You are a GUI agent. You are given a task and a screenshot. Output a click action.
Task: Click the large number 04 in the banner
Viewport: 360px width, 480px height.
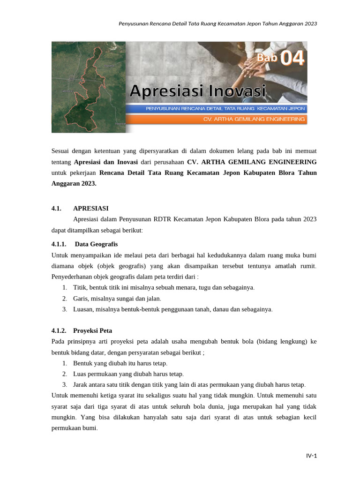click(x=293, y=59)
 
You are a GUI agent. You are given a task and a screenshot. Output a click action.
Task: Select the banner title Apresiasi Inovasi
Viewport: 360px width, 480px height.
click(x=197, y=90)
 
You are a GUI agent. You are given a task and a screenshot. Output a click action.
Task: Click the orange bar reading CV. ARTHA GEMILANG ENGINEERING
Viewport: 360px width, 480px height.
click(x=254, y=120)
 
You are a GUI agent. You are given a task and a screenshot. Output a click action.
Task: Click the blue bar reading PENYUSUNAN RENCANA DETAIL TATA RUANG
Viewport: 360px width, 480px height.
click(x=225, y=108)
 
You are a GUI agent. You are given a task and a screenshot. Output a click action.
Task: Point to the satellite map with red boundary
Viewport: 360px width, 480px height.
click(x=89, y=87)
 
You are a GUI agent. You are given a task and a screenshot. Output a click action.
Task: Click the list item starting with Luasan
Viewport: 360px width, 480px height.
click(x=172, y=309)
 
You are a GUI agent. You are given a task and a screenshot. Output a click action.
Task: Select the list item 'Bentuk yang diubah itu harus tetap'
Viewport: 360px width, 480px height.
click(x=120, y=363)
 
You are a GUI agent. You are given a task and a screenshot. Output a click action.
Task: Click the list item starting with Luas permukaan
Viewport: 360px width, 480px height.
click(x=128, y=374)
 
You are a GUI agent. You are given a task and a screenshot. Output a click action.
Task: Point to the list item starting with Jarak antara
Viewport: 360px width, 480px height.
click(x=189, y=384)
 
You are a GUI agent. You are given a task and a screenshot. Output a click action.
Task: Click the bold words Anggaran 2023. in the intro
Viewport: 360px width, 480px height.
click(x=74, y=184)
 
